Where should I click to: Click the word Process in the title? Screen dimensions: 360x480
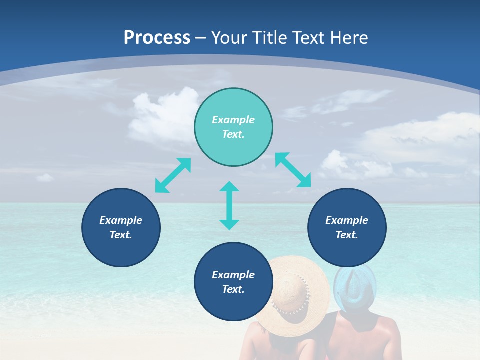[157, 37]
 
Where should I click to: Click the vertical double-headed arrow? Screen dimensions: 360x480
[229, 205]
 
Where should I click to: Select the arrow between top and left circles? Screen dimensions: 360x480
[173, 175]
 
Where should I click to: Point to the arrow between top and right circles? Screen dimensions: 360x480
[293, 170]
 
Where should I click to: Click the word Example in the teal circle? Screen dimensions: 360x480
[233, 120]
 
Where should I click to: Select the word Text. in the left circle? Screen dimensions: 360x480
[121, 235]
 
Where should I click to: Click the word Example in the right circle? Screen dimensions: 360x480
[347, 220]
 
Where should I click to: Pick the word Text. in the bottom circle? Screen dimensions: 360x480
[233, 289]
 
